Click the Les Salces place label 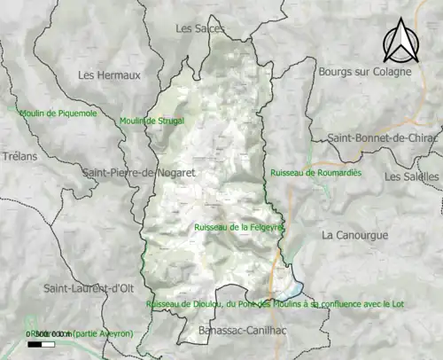(x=200, y=28)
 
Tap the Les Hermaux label (x=109, y=75)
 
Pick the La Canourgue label (x=352, y=235)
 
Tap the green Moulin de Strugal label (x=152, y=121)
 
